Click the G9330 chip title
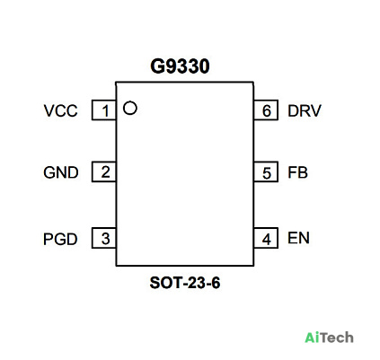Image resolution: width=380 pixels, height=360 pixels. coord(180,66)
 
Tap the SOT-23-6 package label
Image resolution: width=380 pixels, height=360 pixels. coord(185,283)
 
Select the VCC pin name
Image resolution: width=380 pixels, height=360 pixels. coord(60,110)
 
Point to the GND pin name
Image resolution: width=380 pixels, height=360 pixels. coord(61,172)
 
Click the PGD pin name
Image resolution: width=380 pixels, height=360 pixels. coord(60,239)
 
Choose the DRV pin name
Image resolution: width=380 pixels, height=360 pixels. coord(305,110)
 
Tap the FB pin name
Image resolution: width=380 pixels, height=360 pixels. coord(297,172)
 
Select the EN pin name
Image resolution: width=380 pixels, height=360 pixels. coord(298,238)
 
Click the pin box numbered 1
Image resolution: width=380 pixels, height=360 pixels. coord(104,110)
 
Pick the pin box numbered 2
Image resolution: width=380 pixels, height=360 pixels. coord(104,171)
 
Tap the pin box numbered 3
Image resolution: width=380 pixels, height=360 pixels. coord(104,238)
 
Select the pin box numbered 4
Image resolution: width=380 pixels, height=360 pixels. coord(266,238)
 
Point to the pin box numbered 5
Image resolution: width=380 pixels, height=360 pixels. coord(266,171)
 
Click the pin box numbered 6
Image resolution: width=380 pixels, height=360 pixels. coord(266,110)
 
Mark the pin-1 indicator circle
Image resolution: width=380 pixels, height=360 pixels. coord(130,101)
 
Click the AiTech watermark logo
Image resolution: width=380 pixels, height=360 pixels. coord(329,338)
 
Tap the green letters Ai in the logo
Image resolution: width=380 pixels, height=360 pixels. coord(310,338)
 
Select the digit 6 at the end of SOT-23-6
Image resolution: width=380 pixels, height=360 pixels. coord(216,283)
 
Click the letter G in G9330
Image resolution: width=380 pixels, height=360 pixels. coord(156,66)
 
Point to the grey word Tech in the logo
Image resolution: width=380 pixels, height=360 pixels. coord(335,338)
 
